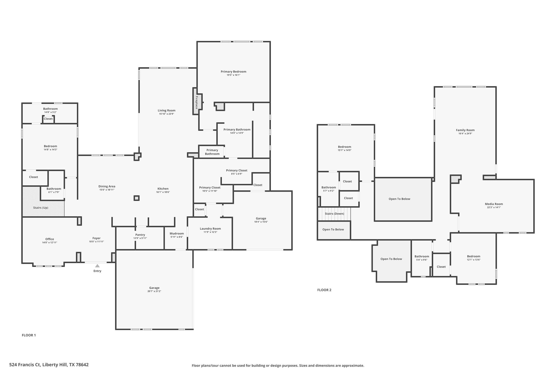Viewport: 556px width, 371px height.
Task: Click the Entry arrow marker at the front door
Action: pyautogui.click(x=97, y=266)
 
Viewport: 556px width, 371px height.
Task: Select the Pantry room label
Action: pyautogui.click(x=140, y=235)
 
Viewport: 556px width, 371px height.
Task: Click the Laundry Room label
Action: pyautogui.click(x=210, y=229)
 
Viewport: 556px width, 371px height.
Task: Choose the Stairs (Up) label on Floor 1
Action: pyautogui.click(x=41, y=208)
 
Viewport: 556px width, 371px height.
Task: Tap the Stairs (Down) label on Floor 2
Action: pyautogui.click(x=334, y=214)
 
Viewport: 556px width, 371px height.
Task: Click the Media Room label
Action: pyautogui.click(x=494, y=204)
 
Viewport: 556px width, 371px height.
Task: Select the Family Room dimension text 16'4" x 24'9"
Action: pyautogui.click(x=465, y=133)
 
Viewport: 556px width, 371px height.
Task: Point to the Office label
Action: pyautogui.click(x=50, y=239)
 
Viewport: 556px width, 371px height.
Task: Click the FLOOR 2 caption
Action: pyautogui.click(x=324, y=290)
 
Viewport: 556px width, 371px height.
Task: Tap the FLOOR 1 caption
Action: pyautogui.click(x=29, y=335)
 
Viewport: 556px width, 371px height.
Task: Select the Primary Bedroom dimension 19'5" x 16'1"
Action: pyautogui.click(x=233, y=75)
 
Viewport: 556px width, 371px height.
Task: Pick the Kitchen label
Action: pyautogui.click(x=163, y=189)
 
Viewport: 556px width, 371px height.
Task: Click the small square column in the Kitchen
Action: pyautogui.click(x=137, y=198)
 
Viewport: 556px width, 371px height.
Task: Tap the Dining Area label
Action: pyautogui.click(x=107, y=186)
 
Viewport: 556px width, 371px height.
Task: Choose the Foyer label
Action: pyautogui.click(x=96, y=238)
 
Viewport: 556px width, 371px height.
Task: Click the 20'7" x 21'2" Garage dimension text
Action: pyautogui.click(x=154, y=291)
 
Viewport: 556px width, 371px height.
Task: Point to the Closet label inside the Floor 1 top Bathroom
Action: pyautogui.click(x=48, y=119)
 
